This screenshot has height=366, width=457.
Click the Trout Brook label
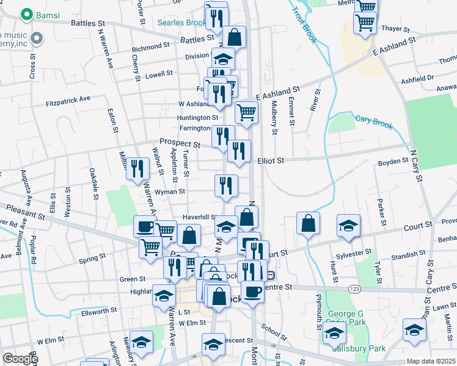304,24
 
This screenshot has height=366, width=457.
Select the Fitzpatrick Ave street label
68,98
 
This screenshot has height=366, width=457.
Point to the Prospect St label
180,143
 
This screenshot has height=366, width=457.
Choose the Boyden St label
393,162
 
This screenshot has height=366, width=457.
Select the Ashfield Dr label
417,79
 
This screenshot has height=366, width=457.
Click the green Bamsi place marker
26,13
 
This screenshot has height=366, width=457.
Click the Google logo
20,359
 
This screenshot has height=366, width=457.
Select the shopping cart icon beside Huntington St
246,112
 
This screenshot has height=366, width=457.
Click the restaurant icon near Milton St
137,167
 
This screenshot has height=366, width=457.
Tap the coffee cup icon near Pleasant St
145,227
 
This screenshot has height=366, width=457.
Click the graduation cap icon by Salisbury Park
334,333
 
